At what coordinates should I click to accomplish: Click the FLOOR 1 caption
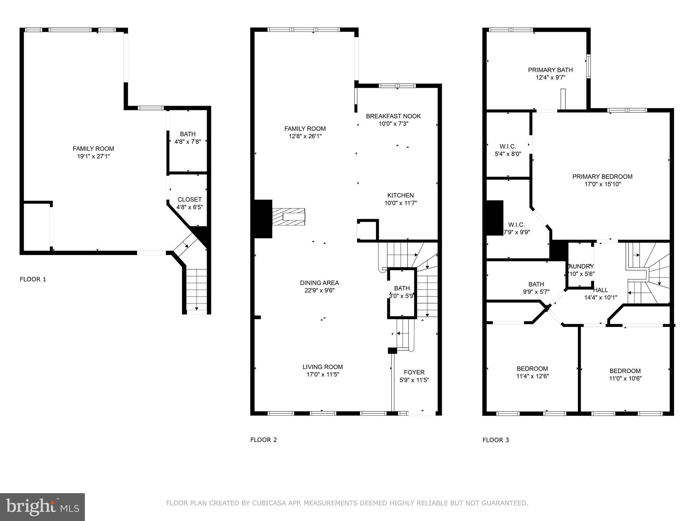pos(33,279)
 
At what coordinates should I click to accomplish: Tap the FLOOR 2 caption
pos(263,440)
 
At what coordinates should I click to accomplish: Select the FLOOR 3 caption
pos(495,440)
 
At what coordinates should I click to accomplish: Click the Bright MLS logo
pos(42,507)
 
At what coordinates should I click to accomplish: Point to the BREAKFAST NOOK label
pos(393,116)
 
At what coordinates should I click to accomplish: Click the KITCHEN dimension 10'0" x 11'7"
pos(400,203)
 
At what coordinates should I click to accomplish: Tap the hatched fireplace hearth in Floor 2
pos(288,217)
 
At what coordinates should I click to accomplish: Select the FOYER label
pos(414,372)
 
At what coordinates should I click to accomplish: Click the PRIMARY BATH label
pos(550,70)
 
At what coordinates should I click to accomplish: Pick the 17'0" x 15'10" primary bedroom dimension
pos(602,184)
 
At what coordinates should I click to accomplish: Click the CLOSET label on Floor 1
pos(189,199)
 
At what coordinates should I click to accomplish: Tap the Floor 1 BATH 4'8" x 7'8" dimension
pos(188,142)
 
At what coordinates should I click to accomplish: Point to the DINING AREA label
pos(319,283)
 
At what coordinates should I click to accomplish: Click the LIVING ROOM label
pos(322,367)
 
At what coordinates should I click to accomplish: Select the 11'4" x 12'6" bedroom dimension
pos(532,376)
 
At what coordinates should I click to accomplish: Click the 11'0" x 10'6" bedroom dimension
pos(625,379)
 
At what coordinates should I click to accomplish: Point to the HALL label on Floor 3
pos(600,290)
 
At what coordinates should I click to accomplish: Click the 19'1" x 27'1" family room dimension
pos(93,156)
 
